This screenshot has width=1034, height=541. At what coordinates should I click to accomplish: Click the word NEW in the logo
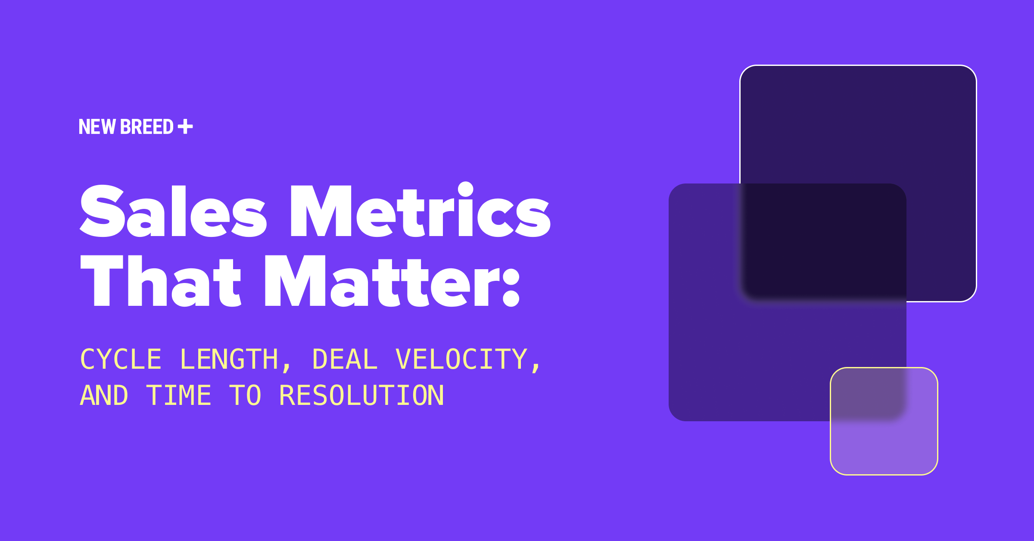pyautogui.click(x=97, y=127)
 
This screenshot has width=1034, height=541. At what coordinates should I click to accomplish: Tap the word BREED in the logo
pyautogui.click(x=147, y=127)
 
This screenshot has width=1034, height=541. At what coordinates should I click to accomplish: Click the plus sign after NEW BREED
pyautogui.click(x=185, y=127)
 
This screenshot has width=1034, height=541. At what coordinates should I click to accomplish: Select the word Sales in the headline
pyautogui.click(x=173, y=211)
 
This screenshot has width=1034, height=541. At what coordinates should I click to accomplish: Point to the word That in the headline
pyautogui.click(x=161, y=280)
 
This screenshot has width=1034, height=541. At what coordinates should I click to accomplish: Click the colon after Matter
pyautogui.click(x=511, y=286)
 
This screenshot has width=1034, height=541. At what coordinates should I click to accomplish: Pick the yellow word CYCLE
pyautogui.click(x=121, y=359)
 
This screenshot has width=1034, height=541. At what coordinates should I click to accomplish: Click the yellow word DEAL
pyautogui.click(x=345, y=359)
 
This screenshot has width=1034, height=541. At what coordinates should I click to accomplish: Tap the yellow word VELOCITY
pyautogui.click(x=461, y=359)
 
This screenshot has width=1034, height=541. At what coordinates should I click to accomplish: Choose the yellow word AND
pyautogui.click(x=104, y=395)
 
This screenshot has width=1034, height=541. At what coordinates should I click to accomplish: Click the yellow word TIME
pyautogui.click(x=179, y=395)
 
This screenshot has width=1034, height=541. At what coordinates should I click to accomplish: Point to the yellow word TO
pyautogui.click(x=245, y=395)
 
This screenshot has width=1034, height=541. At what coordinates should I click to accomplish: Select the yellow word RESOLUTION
pyautogui.click(x=361, y=395)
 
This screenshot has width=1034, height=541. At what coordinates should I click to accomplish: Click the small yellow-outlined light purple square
pyautogui.click(x=884, y=448)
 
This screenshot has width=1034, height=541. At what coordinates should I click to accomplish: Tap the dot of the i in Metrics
pyautogui.click(x=466, y=190)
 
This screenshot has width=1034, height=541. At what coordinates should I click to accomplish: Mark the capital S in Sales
pyautogui.click(x=102, y=211)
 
